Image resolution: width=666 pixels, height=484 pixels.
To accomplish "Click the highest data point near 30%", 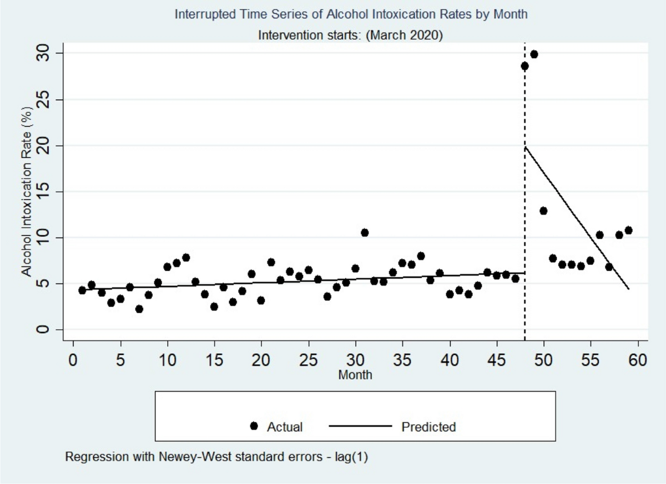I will [534, 54].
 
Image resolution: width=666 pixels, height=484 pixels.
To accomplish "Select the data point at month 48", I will [524, 66].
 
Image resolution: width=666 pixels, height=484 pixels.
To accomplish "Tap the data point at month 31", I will [365, 232].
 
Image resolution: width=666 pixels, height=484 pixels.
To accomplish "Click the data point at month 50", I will [543, 211].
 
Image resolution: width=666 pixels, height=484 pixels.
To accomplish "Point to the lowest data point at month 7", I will [139, 309].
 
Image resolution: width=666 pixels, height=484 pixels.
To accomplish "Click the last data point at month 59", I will [628, 230].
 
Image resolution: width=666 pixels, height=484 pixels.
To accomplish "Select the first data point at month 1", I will [82, 290].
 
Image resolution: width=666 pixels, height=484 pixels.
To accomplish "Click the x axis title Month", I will [355, 375].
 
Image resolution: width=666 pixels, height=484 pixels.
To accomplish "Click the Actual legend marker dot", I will [255, 426].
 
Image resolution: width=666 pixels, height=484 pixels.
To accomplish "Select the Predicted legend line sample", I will [361, 426].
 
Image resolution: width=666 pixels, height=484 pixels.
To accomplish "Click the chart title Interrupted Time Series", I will [351, 14].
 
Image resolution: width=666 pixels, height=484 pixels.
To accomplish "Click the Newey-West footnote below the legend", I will [216, 458].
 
